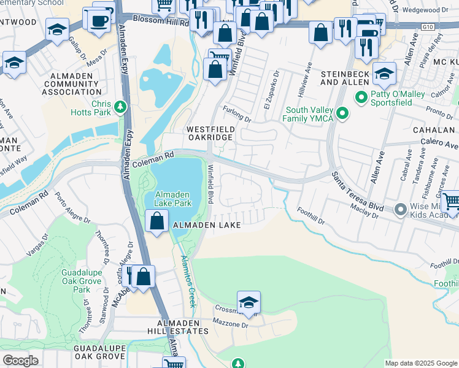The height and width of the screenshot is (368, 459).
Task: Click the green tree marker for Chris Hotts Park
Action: tap(121, 107)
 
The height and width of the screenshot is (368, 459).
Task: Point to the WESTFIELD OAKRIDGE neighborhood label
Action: tap(210, 133)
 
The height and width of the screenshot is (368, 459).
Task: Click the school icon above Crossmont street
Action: tap(249, 302)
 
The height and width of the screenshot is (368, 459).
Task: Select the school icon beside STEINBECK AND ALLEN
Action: tap(385, 74)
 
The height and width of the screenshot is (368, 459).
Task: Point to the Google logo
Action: tap(21, 361)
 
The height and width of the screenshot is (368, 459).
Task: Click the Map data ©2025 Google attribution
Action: tap(421, 363)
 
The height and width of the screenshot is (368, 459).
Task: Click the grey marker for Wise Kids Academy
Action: tap(401, 210)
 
